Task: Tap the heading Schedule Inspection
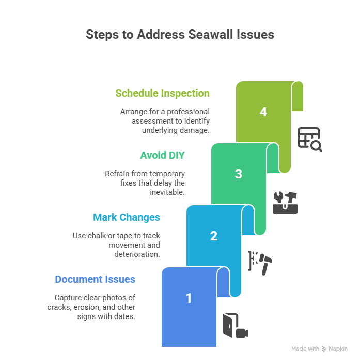coord(162,93)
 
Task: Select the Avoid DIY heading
coord(162,155)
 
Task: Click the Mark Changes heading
coord(127,217)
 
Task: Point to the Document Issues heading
coord(95,279)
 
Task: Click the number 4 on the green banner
coord(263,112)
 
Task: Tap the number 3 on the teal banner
coord(239,174)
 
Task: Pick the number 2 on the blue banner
coord(214,236)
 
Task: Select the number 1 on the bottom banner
coord(189,298)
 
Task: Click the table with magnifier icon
coord(309,140)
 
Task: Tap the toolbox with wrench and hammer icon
coord(285,202)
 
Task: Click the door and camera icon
coord(236,326)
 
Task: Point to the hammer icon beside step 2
coord(265,264)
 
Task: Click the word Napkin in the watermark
coord(338,349)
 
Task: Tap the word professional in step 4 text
coord(188,112)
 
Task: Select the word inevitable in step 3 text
coord(167,192)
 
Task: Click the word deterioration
coord(137,254)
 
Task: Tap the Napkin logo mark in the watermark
coord(324,349)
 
